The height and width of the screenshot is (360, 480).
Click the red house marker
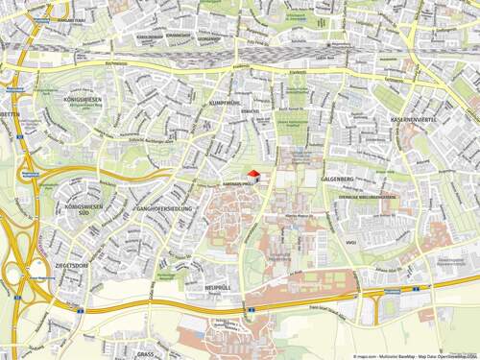click(x=253, y=174)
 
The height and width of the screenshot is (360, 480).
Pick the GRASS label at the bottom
click(x=145, y=353)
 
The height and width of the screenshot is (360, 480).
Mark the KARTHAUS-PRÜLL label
click(x=236, y=182)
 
